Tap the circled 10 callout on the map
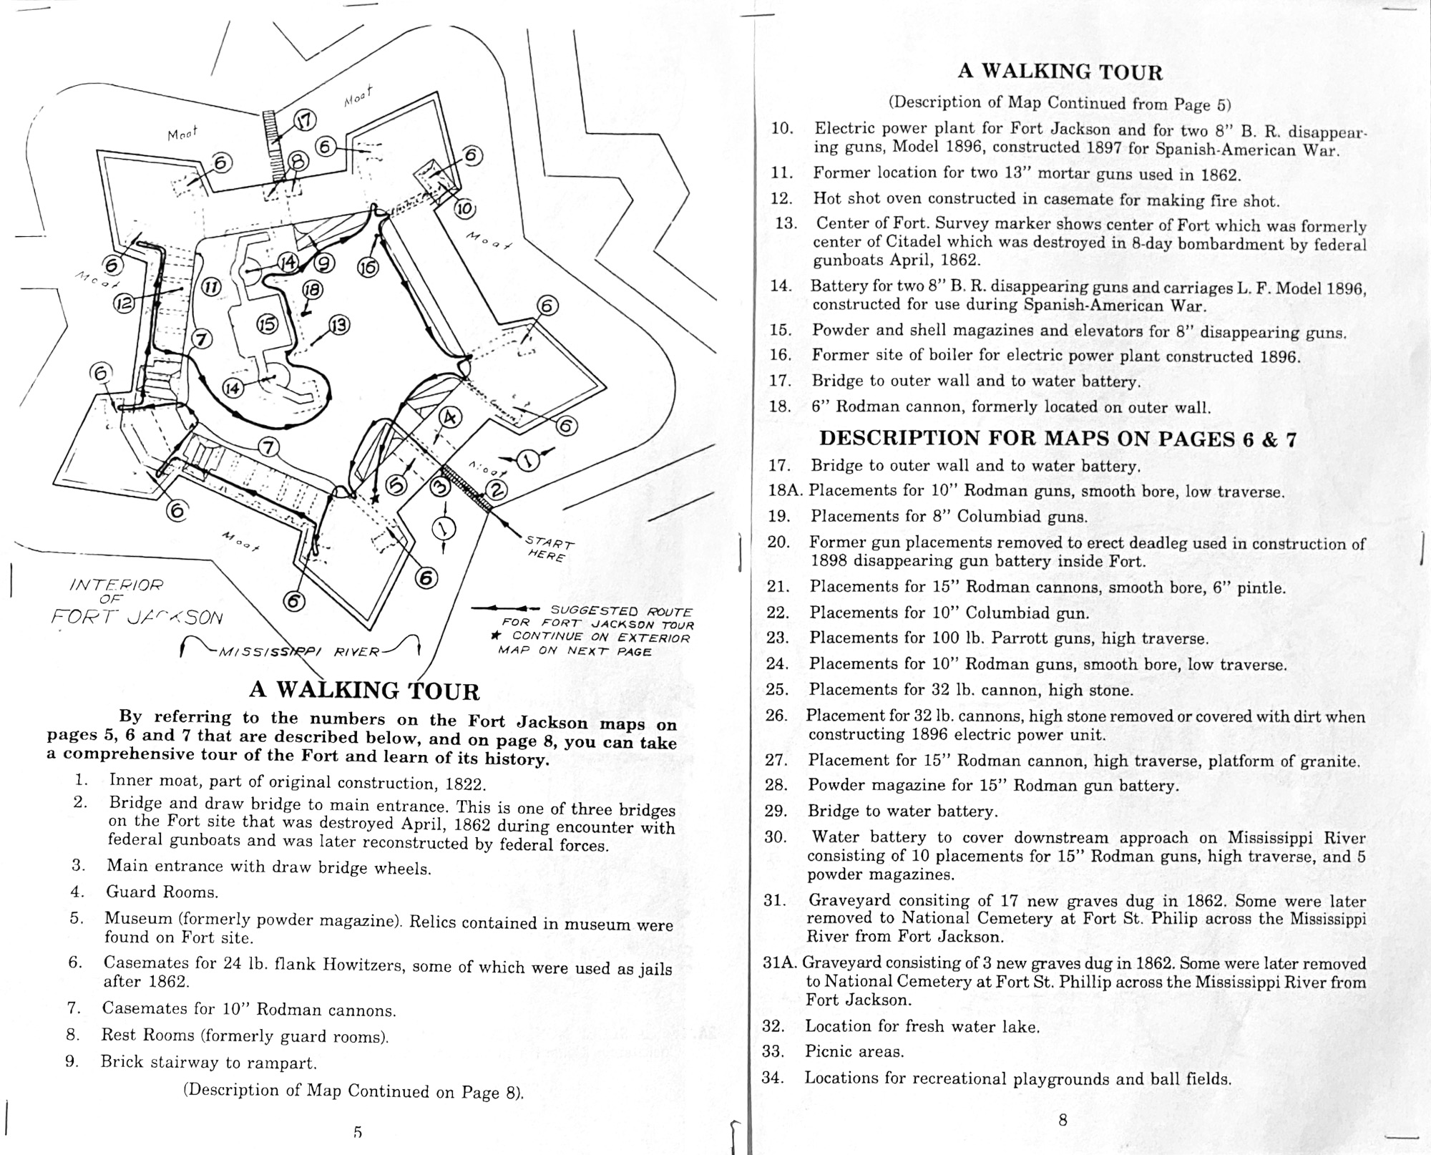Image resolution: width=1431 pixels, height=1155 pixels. tap(464, 209)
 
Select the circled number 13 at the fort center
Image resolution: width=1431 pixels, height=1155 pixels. tap(339, 326)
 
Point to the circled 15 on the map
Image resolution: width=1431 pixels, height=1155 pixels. tap(267, 325)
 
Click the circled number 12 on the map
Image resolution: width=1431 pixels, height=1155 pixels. tap(124, 303)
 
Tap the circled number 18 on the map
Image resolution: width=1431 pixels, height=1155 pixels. tap(313, 290)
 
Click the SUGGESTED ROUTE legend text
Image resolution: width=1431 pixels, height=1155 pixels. tap(620, 611)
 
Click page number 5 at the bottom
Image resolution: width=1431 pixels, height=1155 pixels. tap(358, 1132)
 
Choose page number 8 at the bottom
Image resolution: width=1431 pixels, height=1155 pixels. tap(1063, 1121)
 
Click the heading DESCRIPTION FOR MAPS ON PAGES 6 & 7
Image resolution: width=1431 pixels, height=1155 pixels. tap(1058, 438)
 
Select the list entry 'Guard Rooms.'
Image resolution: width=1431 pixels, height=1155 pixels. tap(162, 892)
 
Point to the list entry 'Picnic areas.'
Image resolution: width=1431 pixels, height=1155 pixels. tap(854, 1051)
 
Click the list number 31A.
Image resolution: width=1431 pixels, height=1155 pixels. tap(781, 963)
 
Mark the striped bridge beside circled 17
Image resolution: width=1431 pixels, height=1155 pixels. tap(272, 148)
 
